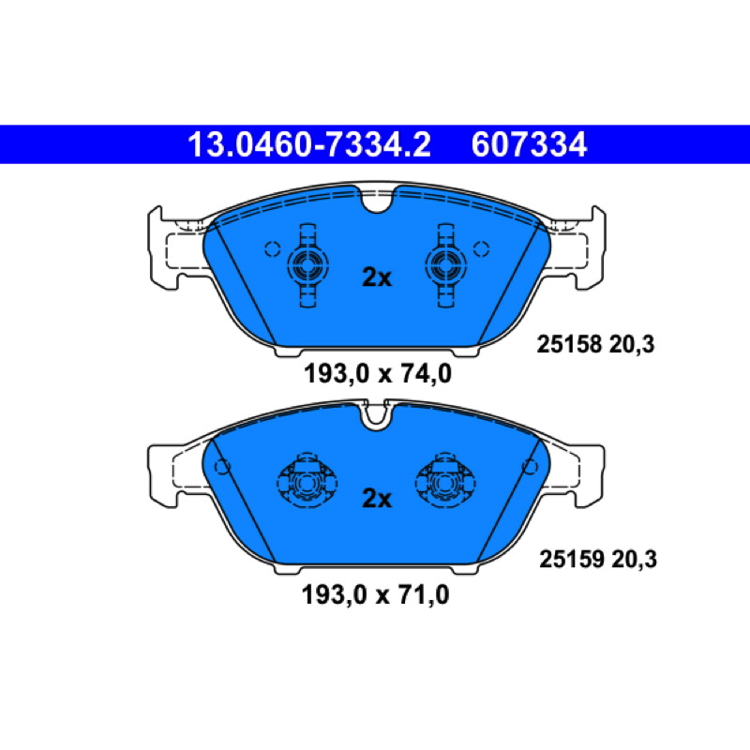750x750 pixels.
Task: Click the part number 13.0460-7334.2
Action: pyautogui.click(x=309, y=144)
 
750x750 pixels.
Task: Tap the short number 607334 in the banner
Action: pyautogui.click(x=529, y=144)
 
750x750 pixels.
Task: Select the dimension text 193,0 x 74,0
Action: pyautogui.click(x=378, y=373)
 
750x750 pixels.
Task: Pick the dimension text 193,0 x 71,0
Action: pyautogui.click(x=376, y=595)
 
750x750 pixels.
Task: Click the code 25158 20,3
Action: pyautogui.click(x=595, y=344)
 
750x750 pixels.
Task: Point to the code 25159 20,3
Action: pyautogui.click(x=598, y=559)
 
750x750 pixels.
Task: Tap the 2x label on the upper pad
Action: pyautogui.click(x=377, y=277)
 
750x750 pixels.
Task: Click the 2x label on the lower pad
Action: pyautogui.click(x=377, y=499)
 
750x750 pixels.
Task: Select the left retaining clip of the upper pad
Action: pyautogui.click(x=307, y=265)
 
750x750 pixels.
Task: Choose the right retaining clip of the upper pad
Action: pyautogui.click(x=446, y=265)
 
